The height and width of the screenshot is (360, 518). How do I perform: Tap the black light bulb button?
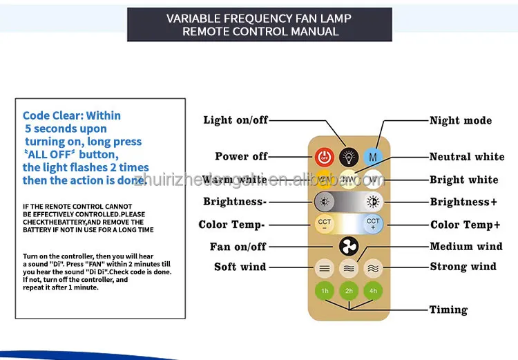(349, 156)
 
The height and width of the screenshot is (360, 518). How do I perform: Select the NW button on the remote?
(349, 180)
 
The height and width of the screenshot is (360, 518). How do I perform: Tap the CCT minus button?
(325, 223)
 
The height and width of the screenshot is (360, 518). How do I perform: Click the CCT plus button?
(373, 223)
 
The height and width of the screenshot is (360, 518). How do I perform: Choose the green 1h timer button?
(325, 291)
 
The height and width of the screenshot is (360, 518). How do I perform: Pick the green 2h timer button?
(349, 291)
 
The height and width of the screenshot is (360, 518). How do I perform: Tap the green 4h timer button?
(373, 291)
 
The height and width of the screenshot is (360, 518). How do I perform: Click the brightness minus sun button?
(325, 202)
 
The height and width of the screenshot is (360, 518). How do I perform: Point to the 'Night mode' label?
(461, 120)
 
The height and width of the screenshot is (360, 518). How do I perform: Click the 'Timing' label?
(448, 310)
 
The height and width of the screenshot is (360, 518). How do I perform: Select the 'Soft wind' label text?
(240, 267)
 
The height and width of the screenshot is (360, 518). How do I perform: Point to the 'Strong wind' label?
(463, 267)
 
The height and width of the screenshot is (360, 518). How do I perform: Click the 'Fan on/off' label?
(238, 247)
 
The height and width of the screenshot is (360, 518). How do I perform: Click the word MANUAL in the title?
(314, 31)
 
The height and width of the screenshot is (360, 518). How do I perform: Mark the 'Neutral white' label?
(467, 157)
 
